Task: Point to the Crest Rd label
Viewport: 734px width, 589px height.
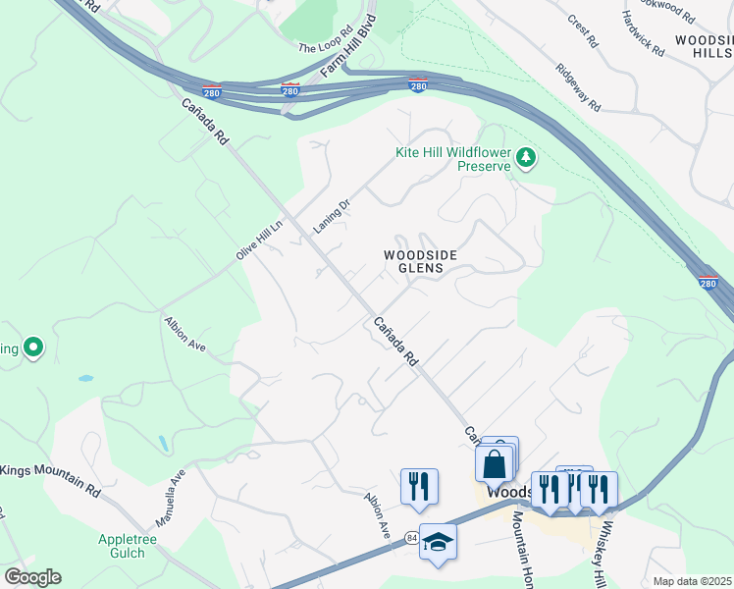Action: click(x=583, y=30)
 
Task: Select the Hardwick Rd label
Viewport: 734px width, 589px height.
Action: click(x=644, y=32)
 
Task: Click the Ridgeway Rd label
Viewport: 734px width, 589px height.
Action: click(x=577, y=88)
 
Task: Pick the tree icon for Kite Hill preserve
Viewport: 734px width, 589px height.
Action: click(x=527, y=157)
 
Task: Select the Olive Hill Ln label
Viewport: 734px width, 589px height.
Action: click(x=259, y=239)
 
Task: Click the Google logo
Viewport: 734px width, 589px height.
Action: click(x=32, y=577)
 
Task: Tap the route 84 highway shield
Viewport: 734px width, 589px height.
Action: click(x=412, y=536)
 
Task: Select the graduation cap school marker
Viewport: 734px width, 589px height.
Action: click(x=438, y=542)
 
